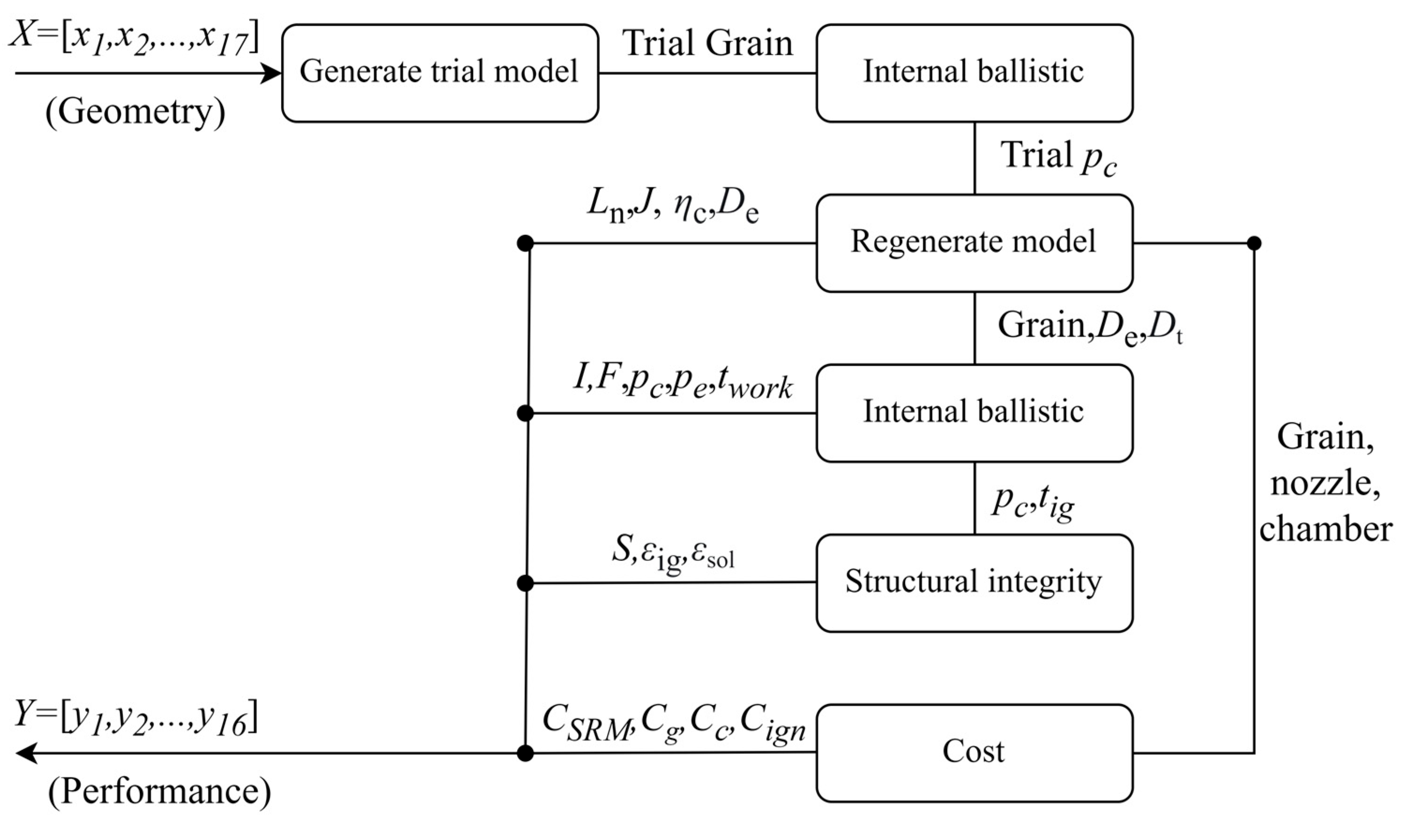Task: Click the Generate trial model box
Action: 440,73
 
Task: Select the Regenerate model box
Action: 974,243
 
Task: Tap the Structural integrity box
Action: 974,583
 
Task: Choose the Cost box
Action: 974,753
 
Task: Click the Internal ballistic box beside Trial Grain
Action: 974,73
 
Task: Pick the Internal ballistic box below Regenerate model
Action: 974,413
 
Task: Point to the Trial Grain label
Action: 707,44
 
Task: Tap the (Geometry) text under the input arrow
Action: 135,113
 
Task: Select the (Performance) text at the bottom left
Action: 160,792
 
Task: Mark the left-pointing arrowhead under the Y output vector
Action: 26,753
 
